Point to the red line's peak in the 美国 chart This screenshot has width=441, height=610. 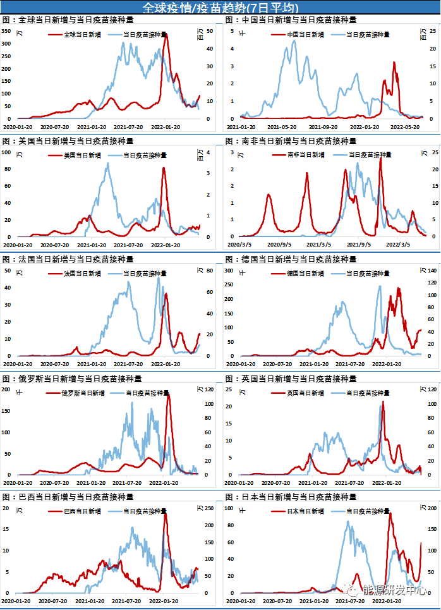click(164, 168)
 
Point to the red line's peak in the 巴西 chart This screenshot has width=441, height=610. click(165, 513)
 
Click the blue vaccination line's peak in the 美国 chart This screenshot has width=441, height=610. click(108, 163)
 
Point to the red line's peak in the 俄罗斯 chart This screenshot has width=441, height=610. click(169, 394)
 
